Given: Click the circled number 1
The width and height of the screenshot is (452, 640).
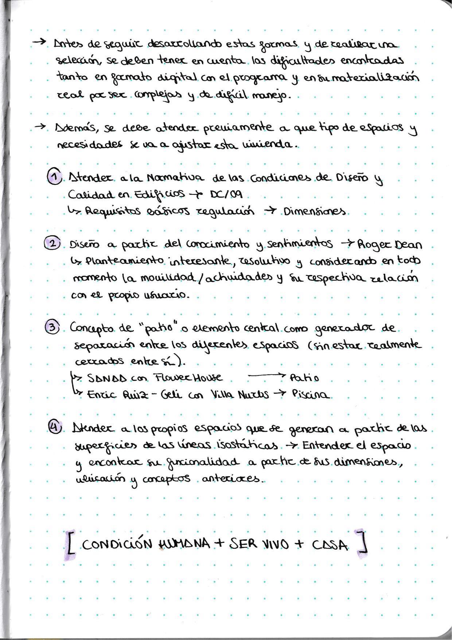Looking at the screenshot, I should click(x=54, y=177).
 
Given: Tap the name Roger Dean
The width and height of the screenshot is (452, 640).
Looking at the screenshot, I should click(x=389, y=244).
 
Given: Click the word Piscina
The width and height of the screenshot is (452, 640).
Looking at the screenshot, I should click(x=311, y=394).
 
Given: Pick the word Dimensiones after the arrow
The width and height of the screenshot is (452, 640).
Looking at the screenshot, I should click(x=315, y=212).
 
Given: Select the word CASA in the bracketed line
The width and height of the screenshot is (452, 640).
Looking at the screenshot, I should click(x=330, y=545).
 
